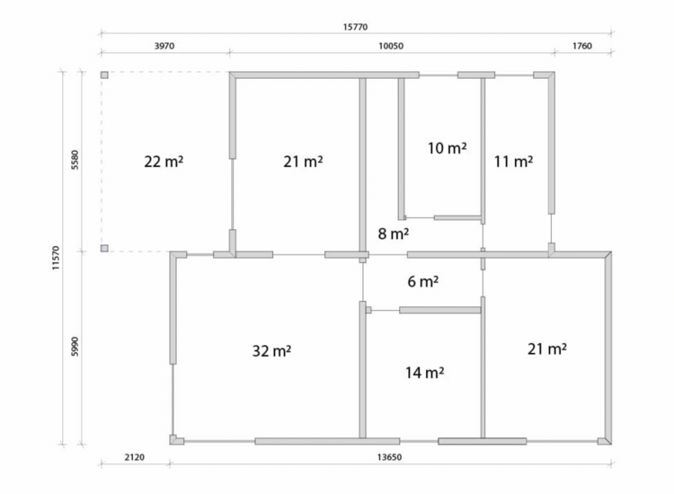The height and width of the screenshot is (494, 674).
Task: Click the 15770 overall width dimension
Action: point(355,27)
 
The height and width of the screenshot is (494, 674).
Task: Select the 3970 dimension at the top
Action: point(164,46)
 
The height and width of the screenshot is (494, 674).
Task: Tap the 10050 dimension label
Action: point(391,46)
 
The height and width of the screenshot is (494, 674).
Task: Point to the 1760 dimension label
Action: point(582,46)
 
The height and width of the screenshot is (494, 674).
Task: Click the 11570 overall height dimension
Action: point(56,258)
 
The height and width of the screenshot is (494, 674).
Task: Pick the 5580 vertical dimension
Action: point(75,160)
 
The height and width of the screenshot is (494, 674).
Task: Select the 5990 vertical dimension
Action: point(75,346)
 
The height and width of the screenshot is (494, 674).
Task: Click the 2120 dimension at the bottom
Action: point(135,457)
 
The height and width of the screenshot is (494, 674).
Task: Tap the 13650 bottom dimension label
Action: point(389,457)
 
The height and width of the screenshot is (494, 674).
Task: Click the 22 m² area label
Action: point(164,162)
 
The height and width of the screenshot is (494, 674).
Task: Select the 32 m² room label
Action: point(271,351)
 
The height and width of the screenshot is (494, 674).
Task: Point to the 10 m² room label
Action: point(447,148)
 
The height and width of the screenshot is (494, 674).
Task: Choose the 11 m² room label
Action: point(513,162)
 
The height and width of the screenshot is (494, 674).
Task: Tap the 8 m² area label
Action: point(394,234)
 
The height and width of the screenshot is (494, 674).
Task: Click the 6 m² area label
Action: point(423,281)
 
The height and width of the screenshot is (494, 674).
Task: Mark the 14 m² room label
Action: point(425,373)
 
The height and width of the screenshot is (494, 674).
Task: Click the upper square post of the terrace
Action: point(104,75)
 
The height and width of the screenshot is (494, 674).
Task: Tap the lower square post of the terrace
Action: point(104,248)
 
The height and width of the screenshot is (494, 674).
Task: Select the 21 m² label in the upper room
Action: point(303,162)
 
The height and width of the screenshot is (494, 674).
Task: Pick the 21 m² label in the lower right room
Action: point(547,348)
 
